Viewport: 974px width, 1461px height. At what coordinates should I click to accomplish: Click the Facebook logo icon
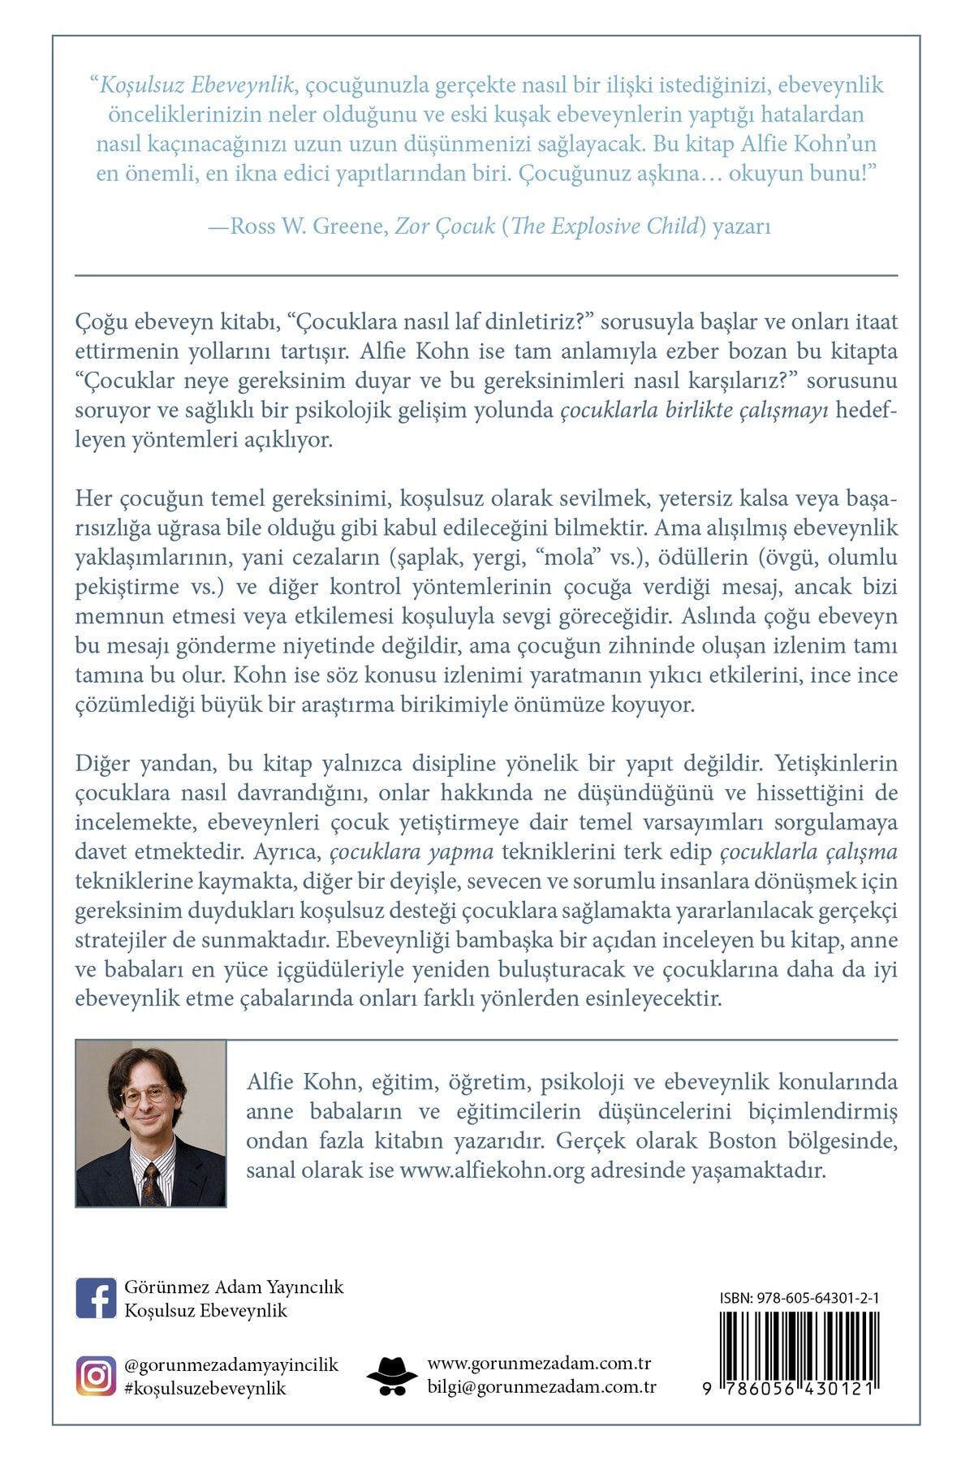tap(96, 1298)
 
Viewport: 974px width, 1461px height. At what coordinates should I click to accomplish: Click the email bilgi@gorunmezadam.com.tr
tap(542, 1387)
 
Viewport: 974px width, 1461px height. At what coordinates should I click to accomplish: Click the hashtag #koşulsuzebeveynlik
tap(206, 1388)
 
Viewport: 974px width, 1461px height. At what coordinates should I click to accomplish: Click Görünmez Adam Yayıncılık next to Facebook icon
tap(235, 1287)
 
